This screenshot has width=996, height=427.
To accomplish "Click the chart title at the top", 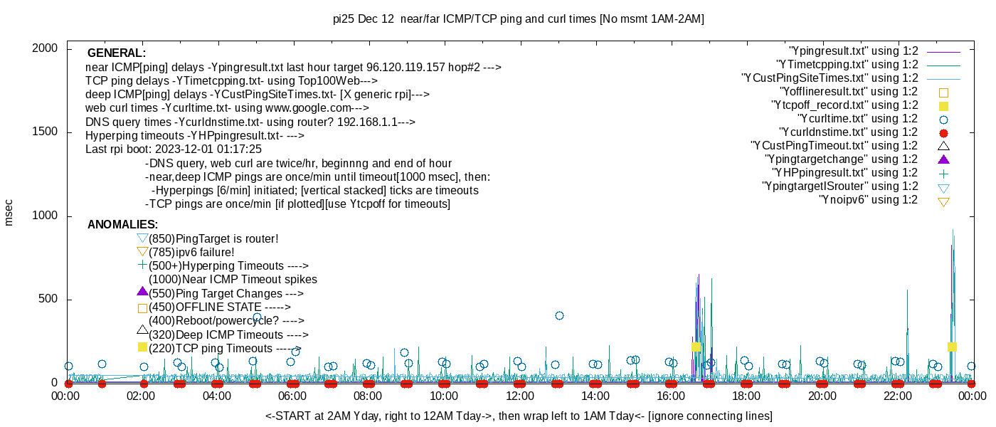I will point(518,19).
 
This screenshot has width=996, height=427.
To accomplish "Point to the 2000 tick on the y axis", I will point(46,48).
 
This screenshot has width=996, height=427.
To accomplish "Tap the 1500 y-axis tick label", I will point(46,132).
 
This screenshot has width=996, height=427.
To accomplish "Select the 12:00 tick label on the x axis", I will point(519,396).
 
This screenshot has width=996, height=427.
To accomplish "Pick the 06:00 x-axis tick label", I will point(292,396).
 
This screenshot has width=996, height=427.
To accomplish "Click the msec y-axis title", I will point(9,212).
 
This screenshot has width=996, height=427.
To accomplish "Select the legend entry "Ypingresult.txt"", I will point(854,51).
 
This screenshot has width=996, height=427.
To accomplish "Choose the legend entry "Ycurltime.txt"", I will point(858,119).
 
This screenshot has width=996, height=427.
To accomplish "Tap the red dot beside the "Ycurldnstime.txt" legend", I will point(944,133).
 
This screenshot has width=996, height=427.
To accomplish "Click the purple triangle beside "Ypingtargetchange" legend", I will point(944,159).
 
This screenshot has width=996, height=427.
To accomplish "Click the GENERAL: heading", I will point(117,53).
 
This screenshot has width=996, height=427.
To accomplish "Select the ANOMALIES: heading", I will point(122,225).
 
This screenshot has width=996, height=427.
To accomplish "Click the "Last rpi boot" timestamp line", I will point(174,149).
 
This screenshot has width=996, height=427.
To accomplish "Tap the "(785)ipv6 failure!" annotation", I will point(191,253).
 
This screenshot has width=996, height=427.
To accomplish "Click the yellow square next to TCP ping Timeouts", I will point(142,347).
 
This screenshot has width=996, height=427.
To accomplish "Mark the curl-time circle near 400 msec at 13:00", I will point(559,315).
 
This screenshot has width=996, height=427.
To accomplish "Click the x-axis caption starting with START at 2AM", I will point(519,416).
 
